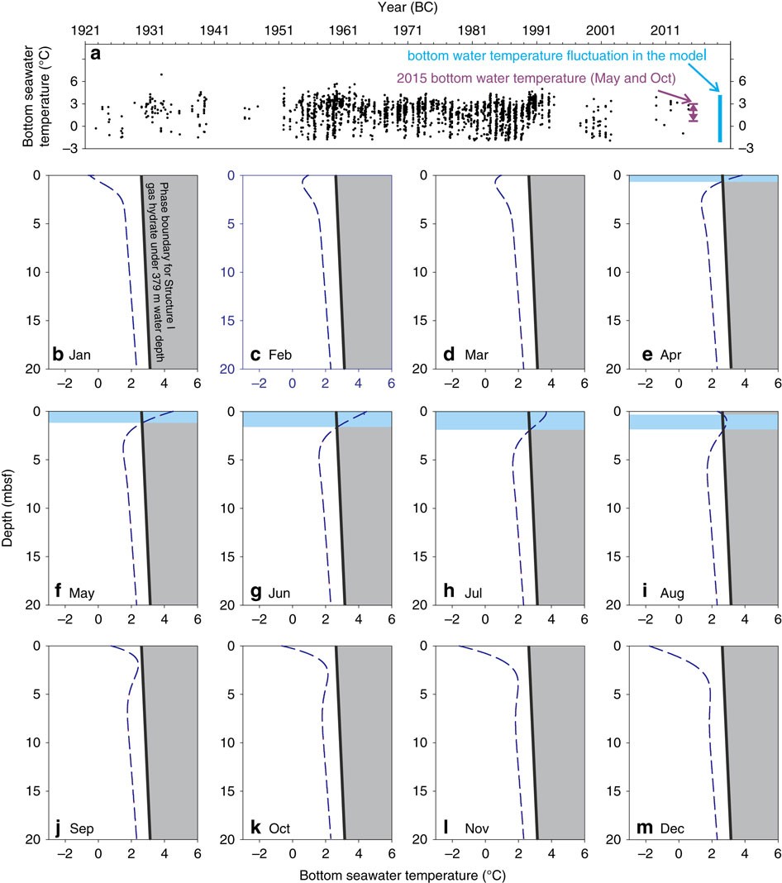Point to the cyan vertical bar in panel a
[x=720, y=118]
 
